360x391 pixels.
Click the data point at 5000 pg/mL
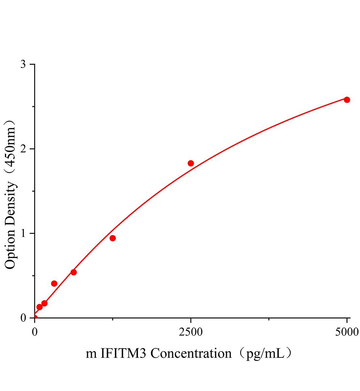point(347,100)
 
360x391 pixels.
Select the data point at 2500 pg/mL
point(191,163)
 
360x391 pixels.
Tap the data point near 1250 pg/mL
point(112,238)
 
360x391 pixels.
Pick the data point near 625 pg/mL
point(74,272)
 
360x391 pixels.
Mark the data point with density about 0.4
point(54,283)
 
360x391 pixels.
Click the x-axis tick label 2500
point(191,332)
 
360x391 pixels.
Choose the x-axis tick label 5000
point(347,332)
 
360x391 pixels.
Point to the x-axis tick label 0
point(35,332)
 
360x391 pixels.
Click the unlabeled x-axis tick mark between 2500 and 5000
point(269,319)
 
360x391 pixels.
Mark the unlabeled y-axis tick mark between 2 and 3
point(33,107)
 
